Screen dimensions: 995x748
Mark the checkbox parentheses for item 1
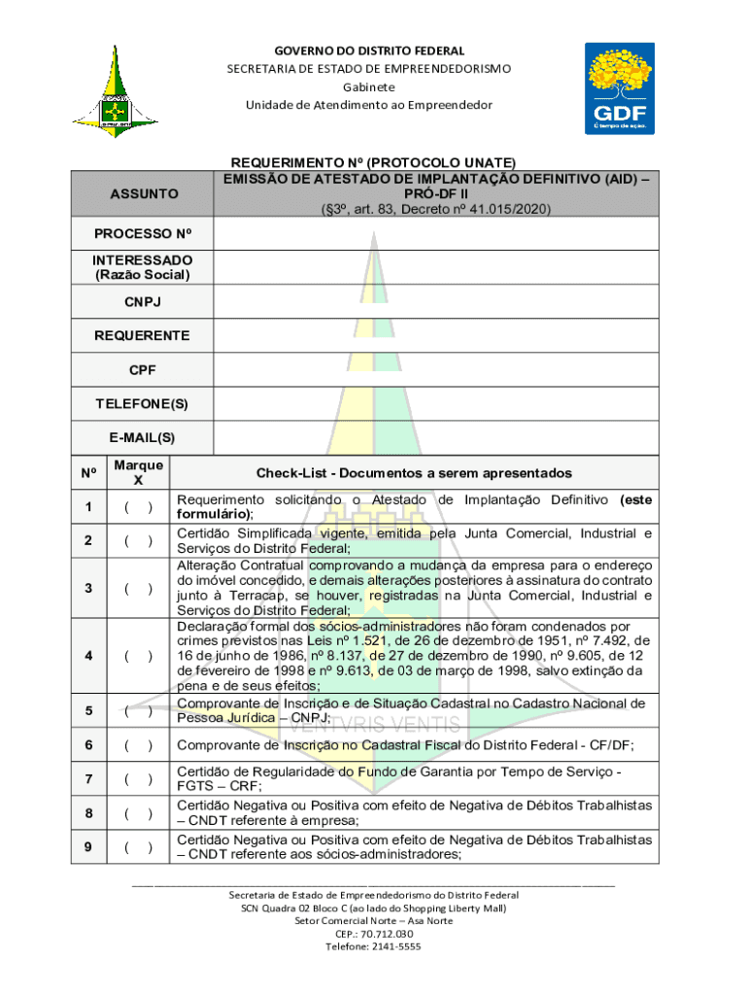tap(137, 507)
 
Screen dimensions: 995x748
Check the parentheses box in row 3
tap(137, 589)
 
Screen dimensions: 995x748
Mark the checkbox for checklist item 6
tap(137, 745)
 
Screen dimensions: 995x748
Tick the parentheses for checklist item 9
tap(137, 847)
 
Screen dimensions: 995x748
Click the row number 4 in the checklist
tap(88, 656)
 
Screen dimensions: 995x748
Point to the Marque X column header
tap(138, 472)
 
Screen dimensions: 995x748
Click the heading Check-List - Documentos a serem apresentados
tap(414, 473)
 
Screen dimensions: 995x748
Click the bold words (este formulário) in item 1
tap(215, 514)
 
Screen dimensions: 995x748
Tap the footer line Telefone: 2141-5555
tap(373, 946)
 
